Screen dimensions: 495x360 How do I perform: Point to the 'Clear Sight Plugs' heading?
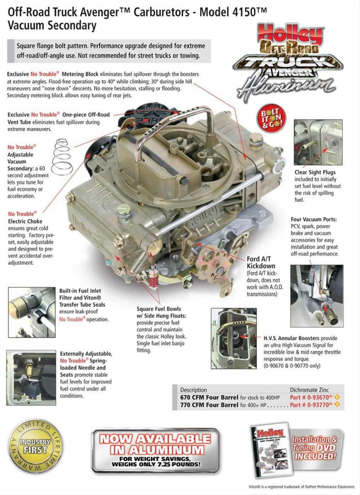point(315,172)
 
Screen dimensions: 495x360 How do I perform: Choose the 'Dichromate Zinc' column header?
point(313,390)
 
